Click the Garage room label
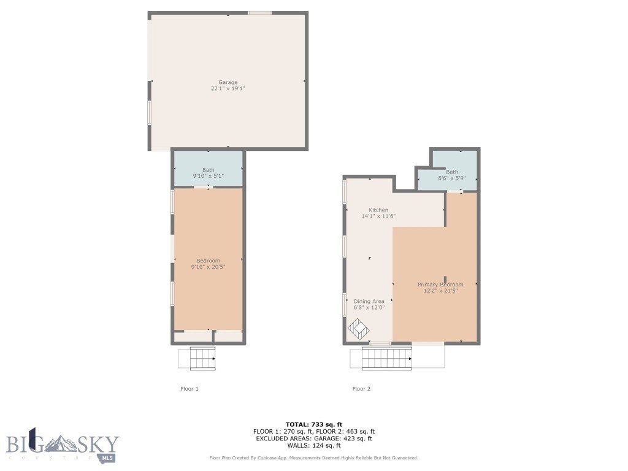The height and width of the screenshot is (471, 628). [228, 82]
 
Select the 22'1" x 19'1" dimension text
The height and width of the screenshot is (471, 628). [228, 88]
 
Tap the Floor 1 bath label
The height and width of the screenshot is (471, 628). [209, 170]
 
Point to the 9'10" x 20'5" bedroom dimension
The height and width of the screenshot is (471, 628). [209, 267]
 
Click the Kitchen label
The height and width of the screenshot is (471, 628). [378, 210]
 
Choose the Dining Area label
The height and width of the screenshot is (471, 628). [369, 301]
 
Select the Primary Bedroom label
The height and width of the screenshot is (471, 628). [440, 285]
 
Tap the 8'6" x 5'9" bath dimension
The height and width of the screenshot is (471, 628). [452, 178]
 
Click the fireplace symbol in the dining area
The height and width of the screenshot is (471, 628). [358, 329]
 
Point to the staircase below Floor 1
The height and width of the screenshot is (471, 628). [202, 358]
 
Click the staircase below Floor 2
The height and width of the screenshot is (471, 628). [387, 358]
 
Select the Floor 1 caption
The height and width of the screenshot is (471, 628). [190, 388]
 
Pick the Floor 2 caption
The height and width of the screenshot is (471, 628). [361, 388]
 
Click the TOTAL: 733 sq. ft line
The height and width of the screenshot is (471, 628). [314, 424]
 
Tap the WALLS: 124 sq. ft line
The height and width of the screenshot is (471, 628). [314, 445]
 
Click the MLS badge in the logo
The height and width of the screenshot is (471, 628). [107, 458]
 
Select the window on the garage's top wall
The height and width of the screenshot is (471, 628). [259, 13]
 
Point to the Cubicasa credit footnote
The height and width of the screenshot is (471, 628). [314, 458]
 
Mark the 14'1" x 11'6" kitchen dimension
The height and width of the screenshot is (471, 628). [378, 216]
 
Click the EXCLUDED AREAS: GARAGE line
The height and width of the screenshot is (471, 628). [314, 438]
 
